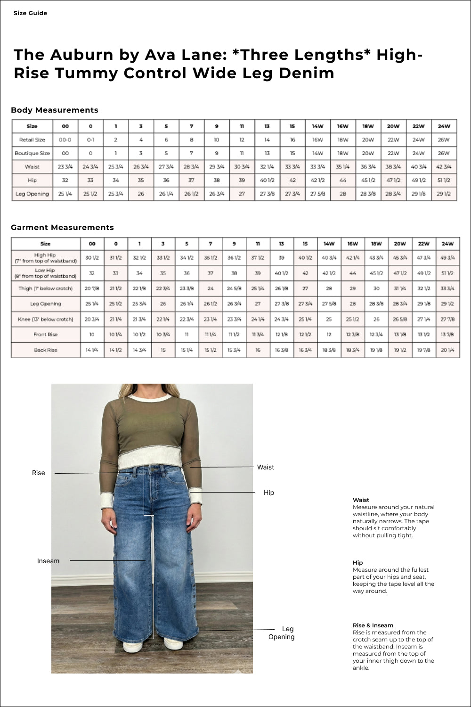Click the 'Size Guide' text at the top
pos(30,13)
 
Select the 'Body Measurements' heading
pos(55,110)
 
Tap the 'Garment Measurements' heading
pos(62,228)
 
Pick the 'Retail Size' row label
pos(32,140)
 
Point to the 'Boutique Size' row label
pos(32,153)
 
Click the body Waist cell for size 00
pos(65,167)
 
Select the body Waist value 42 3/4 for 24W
pos(444,167)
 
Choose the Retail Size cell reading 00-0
pos(65,140)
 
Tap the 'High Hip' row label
pos(45,258)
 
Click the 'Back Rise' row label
pos(45,350)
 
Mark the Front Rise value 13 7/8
pos(447,335)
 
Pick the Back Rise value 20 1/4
pos(447,350)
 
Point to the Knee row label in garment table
pos(45,320)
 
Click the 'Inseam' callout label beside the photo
pos(48,561)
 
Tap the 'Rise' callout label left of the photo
pos(39,473)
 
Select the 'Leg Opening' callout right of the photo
pos(282,633)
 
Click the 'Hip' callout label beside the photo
pos(268,493)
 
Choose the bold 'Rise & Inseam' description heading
pos(373,625)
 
